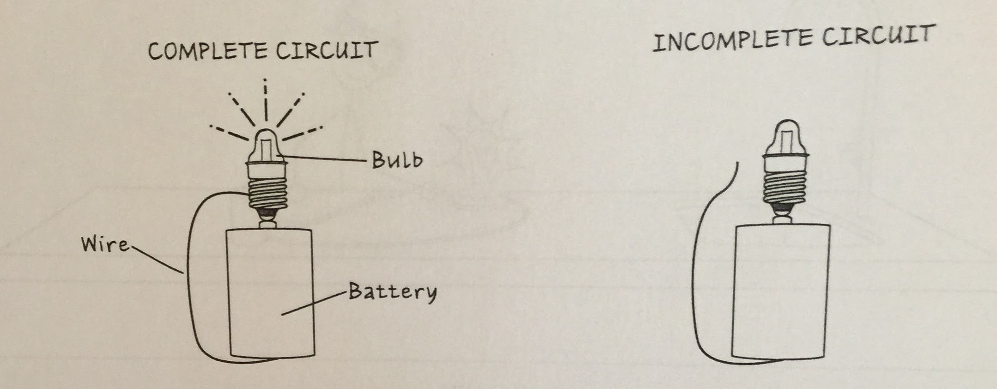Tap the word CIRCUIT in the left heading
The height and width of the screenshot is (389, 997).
click(x=327, y=50)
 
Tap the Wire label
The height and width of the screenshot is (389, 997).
click(x=105, y=244)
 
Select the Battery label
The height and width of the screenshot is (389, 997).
click(x=392, y=292)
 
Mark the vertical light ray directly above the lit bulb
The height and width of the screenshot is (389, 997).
click(x=265, y=99)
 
